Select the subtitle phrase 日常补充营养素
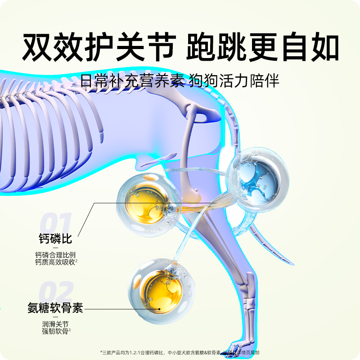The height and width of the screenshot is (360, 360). coord(133,81)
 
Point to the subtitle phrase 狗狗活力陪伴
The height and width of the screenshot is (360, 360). coord(235,81)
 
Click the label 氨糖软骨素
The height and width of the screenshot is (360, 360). coord(56,309)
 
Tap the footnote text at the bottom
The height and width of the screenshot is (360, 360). coord(180,352)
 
